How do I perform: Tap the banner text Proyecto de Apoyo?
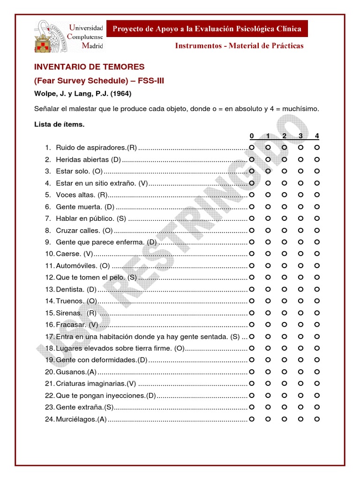point(206,29)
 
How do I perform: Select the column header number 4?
point(317,136)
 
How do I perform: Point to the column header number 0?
point(252,136)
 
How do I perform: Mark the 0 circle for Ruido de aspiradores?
point(252,148)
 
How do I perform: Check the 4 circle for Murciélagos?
point(317,419)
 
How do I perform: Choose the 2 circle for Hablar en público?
point(285,218)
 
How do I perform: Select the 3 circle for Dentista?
point(301,289)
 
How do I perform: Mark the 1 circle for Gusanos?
point(268,372)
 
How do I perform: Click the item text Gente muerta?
point(85,207)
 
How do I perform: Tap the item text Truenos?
point(76,301)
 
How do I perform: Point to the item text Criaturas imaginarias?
point(96,383)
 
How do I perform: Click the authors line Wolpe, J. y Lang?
point(82,94)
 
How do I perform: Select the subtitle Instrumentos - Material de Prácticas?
point(239,46)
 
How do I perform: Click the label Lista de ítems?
point(59,125)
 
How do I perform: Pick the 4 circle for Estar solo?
point(317,171)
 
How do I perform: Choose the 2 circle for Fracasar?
point(285,324)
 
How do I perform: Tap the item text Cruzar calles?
point(84,230)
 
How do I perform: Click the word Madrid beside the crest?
point(92,45)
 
